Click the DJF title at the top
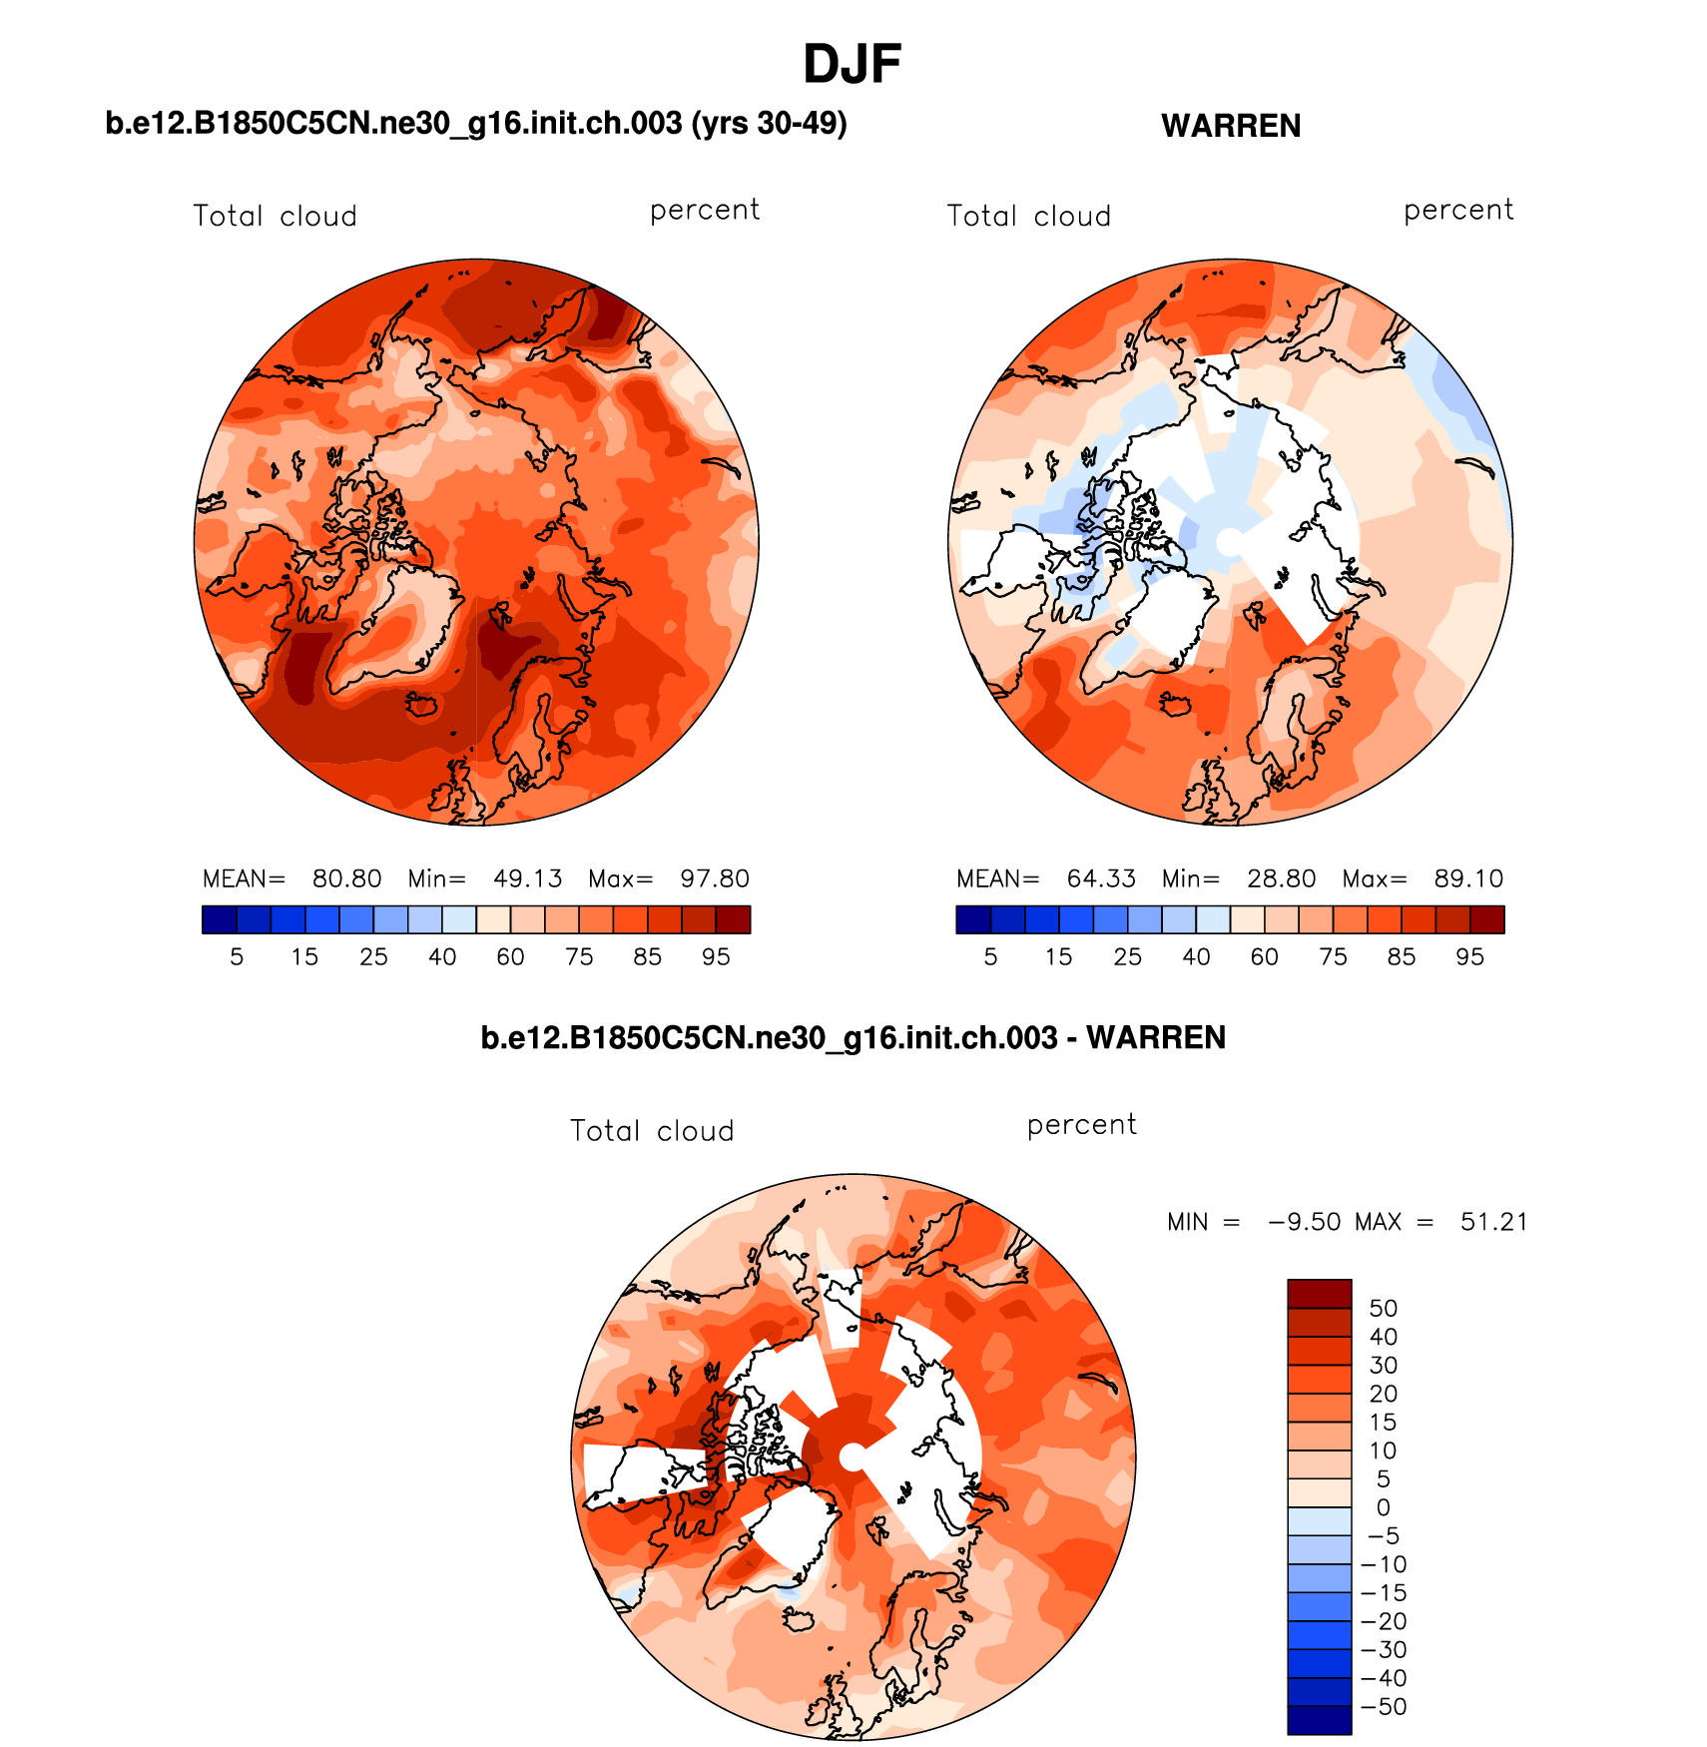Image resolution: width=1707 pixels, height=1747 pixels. [852, 65]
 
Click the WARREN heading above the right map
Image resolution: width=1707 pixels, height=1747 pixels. [1230, 126]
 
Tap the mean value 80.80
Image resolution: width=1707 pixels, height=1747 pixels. [346, 878]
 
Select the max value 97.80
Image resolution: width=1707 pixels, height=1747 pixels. [714, 878]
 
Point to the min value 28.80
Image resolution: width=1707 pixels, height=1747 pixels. [1281, 878]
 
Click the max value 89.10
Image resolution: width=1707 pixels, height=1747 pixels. [1467, 878]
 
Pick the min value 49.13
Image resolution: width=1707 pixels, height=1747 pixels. [527, 878]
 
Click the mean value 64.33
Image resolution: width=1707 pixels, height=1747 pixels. [1100, 878]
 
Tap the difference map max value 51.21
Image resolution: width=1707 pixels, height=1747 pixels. [1493, 1222]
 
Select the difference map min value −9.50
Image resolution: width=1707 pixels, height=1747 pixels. [1304, 1222]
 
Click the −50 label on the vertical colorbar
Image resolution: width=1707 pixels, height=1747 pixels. [1384, 1706]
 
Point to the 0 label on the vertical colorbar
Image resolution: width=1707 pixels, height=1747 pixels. [1383, 1507]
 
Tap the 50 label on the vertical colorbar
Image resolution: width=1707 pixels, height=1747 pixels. [1383, 1308]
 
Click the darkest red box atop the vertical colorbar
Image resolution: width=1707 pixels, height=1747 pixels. [1319, 1293]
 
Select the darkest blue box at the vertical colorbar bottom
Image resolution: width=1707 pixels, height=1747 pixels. [1319, 1720]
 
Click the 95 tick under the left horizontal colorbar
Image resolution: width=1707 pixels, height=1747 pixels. [716, 956]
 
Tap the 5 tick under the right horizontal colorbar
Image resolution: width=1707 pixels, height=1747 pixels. [990, 956]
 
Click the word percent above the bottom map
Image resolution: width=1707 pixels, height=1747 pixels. [1081, 1125]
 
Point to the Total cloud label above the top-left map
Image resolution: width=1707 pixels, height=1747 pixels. [275, 216]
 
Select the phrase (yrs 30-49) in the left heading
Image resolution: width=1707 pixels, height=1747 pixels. [769, 123]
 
